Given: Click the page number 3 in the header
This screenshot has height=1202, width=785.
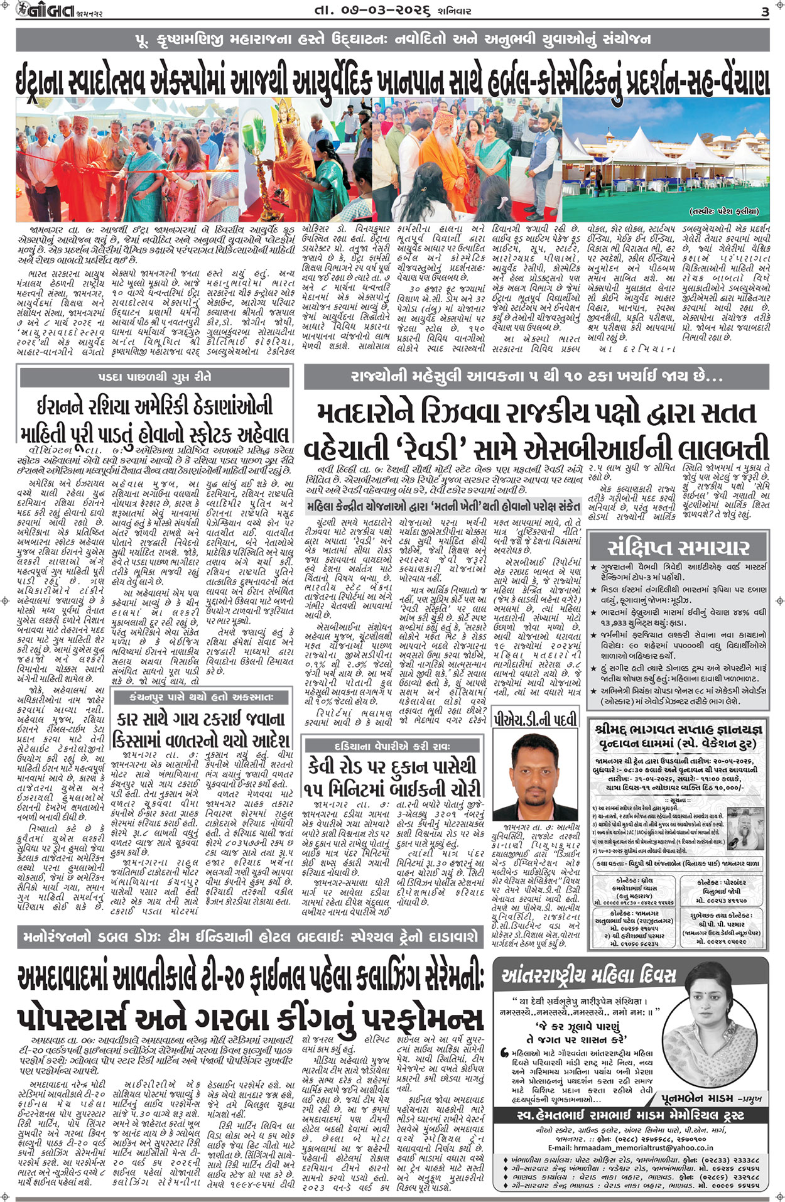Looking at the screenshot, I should click(764, 11).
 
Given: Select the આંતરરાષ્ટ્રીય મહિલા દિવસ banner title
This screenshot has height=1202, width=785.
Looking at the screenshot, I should click(588, 975).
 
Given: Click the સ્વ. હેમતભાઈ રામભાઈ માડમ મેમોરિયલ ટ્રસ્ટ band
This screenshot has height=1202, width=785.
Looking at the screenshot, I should click(630, 1115).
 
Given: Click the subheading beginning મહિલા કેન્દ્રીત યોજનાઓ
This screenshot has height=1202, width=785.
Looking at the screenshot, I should click(443, 506).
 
